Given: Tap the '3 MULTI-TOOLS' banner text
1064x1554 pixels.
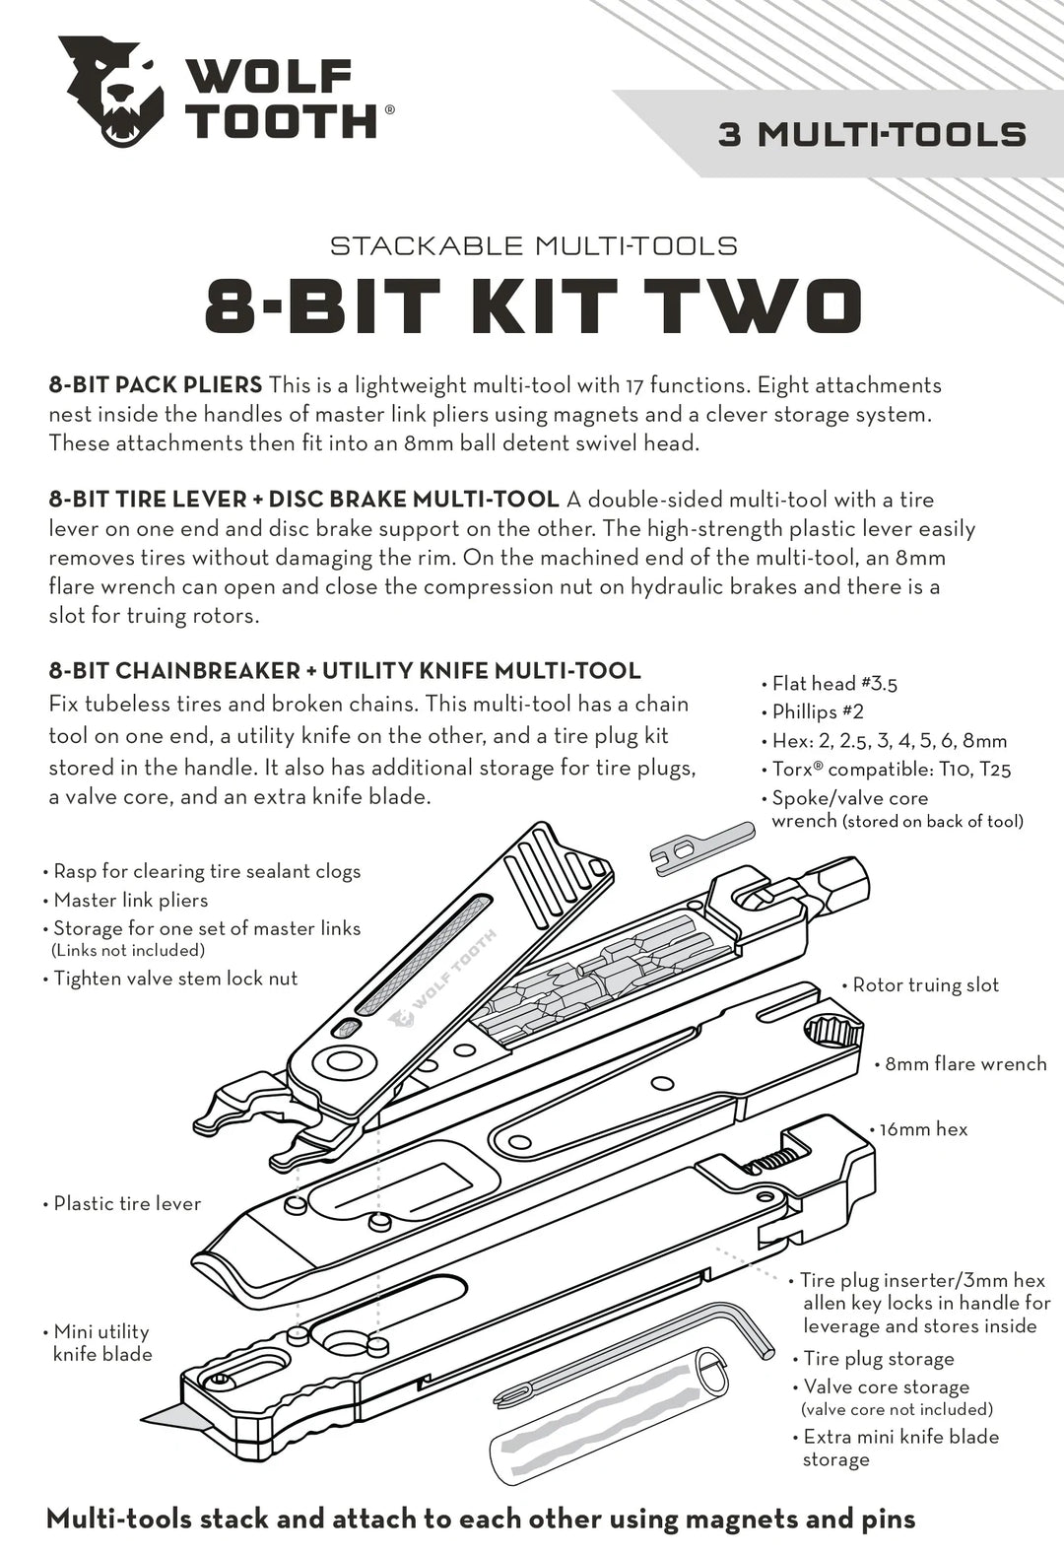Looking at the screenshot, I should pos(872,135).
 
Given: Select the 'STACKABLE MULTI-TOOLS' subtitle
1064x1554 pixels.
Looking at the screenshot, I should pos(533,245).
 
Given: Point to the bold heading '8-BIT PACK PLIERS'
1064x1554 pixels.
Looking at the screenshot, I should pos(156,385).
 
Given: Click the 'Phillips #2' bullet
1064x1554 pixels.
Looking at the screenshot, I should pos(817,711).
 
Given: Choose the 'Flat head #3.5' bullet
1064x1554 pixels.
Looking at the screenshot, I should pos(833,684).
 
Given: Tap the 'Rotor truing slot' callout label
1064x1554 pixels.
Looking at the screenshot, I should pos(924,985).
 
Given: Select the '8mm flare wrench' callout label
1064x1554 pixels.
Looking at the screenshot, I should pos(964,1064).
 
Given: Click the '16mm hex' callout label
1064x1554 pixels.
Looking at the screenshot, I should pos(923,1129).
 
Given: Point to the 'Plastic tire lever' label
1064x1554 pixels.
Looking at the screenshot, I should pos(126,1204).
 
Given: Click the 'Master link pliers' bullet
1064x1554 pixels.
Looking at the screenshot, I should pos(130,900).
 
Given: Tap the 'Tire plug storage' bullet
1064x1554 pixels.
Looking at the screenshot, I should pos(878,1359).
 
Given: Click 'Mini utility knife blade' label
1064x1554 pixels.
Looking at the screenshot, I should pos(102,1343).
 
